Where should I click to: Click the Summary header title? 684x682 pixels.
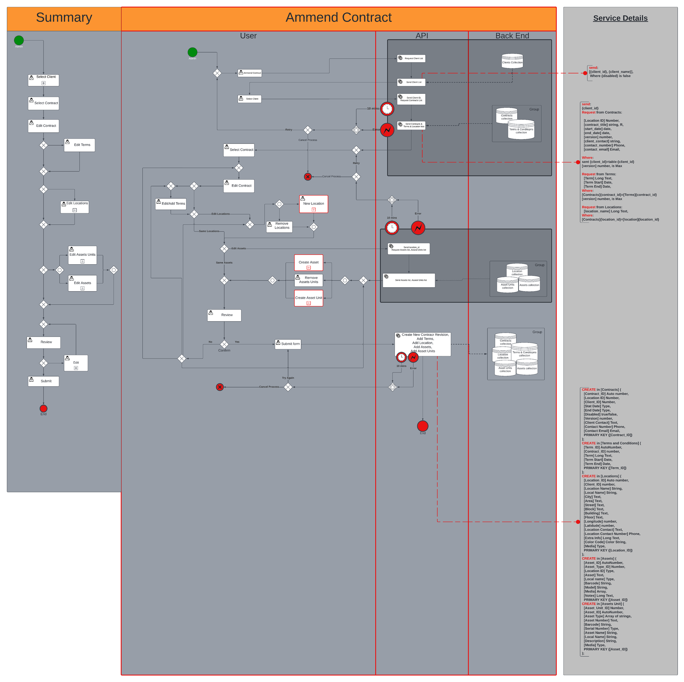pyautogui.click(x=64, y=18)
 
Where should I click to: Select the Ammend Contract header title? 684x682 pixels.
pyautogui.click(x=339, y=18)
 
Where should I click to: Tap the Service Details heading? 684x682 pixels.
pyautogui.click(x=620, y=18)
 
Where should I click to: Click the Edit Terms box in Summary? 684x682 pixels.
pyautogui.click(x=80, y=145)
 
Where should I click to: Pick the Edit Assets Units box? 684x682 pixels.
pyautogui.click(x=82, y=255)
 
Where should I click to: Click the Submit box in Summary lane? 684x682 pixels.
pyautogui.click(x=43, y=381)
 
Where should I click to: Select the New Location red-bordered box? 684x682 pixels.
pyautogui.click(x=314, y=204)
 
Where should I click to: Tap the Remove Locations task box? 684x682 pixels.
pyautogui.click(x=279, y=227)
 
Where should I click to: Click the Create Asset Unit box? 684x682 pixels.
pyautogui.click(x=309, y=298)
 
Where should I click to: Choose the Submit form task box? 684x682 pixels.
pyautogui.click(x=288, y=344)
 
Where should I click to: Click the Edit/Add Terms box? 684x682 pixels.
pyautogui.click(x=171, y=204)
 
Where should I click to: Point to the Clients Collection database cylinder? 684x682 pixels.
pyautogui.click(x=512, y=61)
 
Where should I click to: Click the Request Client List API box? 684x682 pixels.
pyautogui.click(x=411, y=58)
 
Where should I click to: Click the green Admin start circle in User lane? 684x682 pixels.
pyautogui.click(x=192, y=52)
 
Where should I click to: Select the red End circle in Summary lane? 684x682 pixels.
pyautogui.click(x=43, y=409)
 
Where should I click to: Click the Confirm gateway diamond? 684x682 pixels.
pyautogui.click(x=224, y=344)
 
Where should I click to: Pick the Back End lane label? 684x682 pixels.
pyautogui.click(x=512, y=36)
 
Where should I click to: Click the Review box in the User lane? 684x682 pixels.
pyautogui.click(x=224, y=315)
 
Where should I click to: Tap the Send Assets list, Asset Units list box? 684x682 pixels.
pyautogui.click(x=409, y=280)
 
